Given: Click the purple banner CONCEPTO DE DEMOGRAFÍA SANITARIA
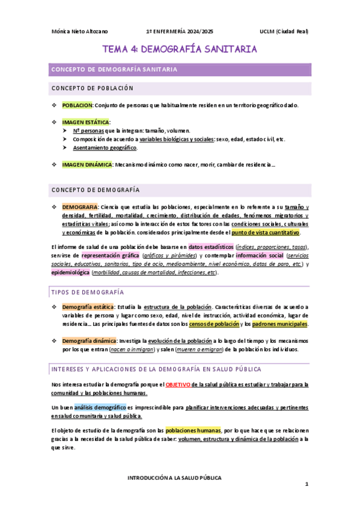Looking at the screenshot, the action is pyautogui.click(x=123, y=70).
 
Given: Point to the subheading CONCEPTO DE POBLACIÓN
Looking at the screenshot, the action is pyautogui.click(x=92, y=88).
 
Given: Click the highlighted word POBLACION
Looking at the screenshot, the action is pyautogui.click(x=78, y=105).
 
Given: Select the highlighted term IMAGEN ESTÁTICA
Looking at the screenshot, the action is pyautogui.click(x=86, y=121).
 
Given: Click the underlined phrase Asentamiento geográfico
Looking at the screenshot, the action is pyautogui.click(x=105, y=147).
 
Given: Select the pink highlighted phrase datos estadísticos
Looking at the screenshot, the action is pyautogui.click(x=210, y=247).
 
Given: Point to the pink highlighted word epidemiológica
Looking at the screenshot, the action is pyautogui.click(x=70, y=272).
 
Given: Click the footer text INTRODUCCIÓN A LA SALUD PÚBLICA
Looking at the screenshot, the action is pyautogui.click(x=174, y=478).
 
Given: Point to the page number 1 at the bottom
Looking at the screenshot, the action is pyautogui.click(x=306, y=485).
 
